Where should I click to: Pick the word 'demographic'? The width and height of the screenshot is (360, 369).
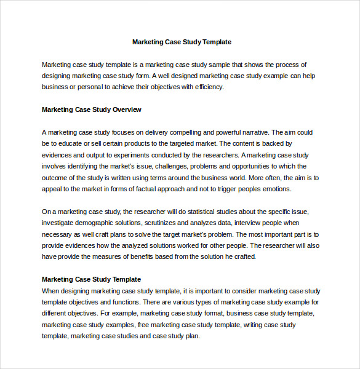click(94, 223)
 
